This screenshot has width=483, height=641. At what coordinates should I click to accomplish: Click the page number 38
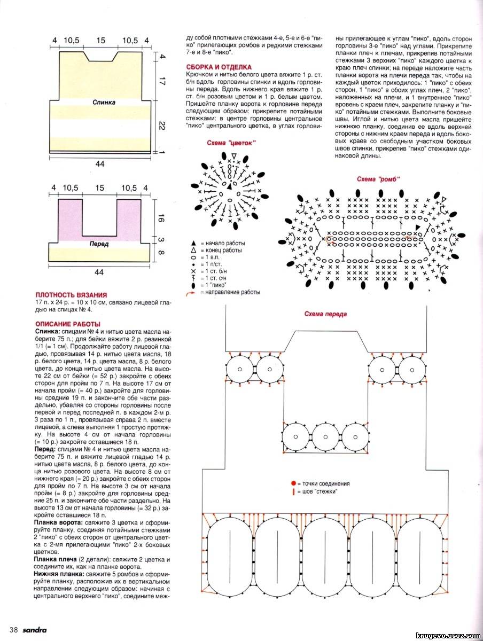[13, 630]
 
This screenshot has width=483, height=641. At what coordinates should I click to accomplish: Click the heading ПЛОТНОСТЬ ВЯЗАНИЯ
[71, 295]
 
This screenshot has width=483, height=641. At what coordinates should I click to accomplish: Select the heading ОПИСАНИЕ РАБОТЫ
[67, 324]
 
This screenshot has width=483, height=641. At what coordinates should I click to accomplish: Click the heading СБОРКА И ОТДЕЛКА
[219, 67]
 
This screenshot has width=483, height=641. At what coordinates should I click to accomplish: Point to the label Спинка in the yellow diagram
[104, 101]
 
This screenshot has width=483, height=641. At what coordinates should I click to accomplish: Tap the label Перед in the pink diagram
[100, 244]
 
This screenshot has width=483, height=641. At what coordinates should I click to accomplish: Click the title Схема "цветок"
[231, 143]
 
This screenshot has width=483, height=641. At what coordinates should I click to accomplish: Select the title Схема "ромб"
[378, 179]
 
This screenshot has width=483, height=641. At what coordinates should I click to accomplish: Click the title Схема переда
[325, 314]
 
